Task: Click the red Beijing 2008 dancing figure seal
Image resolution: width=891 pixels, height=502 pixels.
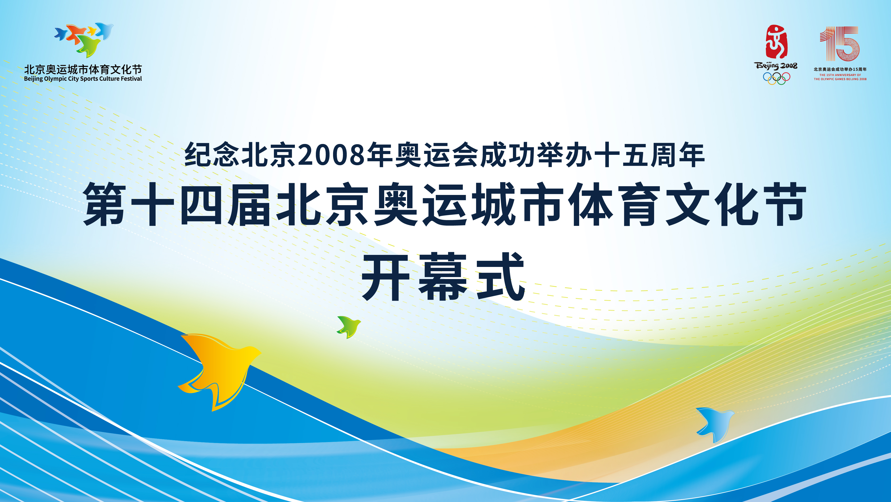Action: (x=776, y=42)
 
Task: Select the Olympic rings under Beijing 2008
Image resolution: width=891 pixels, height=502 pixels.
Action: (x=776, y=79)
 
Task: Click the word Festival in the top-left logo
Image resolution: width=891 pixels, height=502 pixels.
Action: (x=132, y=79)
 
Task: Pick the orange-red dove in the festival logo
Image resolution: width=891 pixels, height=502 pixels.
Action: (x=76, y=33)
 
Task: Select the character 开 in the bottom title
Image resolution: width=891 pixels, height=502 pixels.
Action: (x=386, y=277)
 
